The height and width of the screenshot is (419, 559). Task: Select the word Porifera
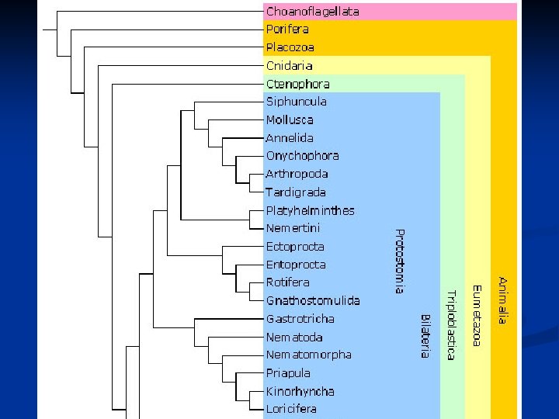pos(287,29)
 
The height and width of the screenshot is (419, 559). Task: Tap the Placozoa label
pos(289,47)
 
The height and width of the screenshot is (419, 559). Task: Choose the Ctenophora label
pos(297,84)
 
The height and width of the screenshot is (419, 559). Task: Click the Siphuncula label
pos(296,102)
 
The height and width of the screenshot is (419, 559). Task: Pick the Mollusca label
pos(290,120)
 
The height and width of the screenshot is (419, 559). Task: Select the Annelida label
pos(290,138)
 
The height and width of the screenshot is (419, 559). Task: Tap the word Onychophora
pos(302,156)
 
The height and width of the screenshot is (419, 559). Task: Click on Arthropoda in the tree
pos(297,174)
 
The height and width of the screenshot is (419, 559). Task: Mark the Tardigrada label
pos(296,192)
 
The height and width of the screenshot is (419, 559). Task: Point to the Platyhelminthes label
pos(310,210)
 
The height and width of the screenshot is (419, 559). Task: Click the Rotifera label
pos(287,282)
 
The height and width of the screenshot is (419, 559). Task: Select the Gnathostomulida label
pos(312,300)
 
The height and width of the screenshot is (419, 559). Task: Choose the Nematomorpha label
pos(308,355)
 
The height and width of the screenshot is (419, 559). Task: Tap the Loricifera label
pos(291,409)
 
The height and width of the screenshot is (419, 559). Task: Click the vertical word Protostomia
pos(399,261)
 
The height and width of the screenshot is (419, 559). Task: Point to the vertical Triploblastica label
pos(450,324)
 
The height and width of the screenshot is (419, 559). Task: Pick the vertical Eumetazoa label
pos(477,315)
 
